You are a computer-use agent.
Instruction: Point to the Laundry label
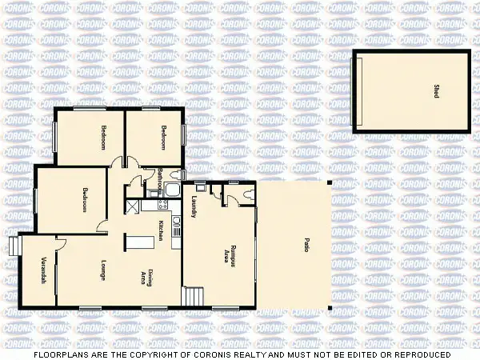[194, 209]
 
